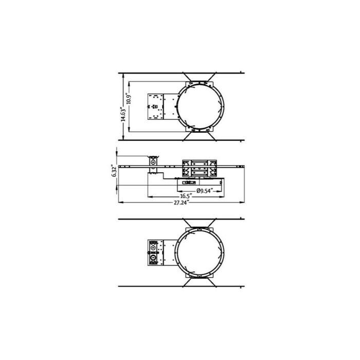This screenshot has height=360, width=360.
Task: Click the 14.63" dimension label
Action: click(x=121, y=114)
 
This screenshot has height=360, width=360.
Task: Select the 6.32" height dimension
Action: click(x=114, y=170)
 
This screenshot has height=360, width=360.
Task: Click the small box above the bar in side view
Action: click(x=154, y=159)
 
